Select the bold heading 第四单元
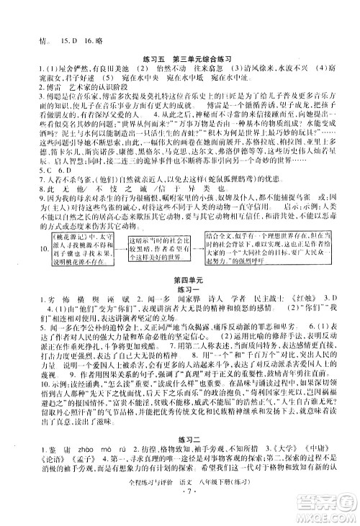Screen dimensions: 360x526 [179, 277]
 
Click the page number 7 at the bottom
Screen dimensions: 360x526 [179, 517]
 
